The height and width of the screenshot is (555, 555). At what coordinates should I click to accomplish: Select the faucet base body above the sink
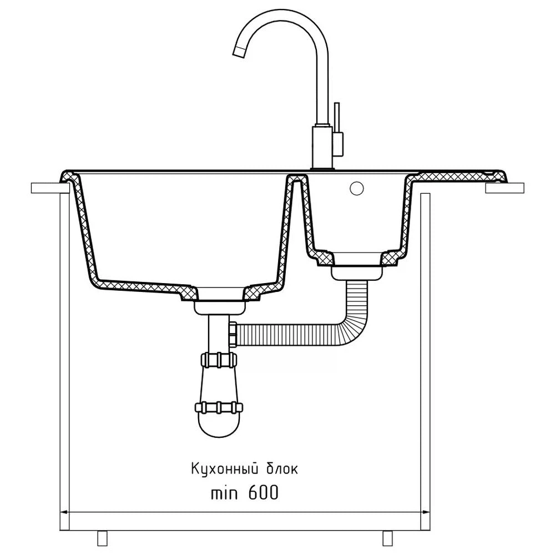(x=322, y=147)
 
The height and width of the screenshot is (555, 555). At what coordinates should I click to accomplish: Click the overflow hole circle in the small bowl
(x=356, y=188)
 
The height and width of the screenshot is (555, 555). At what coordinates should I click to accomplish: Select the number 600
(x=263, y=492)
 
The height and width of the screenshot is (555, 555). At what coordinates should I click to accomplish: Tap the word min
(x=224, y=493)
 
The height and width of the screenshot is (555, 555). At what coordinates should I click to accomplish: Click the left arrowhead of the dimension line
(x=65, y=512)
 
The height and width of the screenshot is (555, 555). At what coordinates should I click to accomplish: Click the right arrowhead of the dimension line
(x=425, y=512)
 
